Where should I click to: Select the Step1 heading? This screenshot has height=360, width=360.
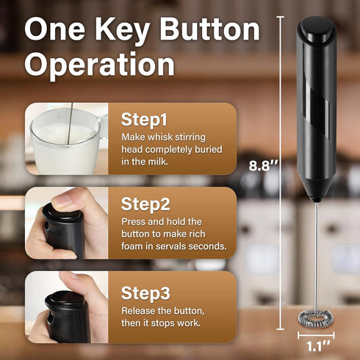tap(144, 119)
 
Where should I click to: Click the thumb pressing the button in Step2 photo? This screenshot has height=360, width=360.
tap(70, 199)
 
